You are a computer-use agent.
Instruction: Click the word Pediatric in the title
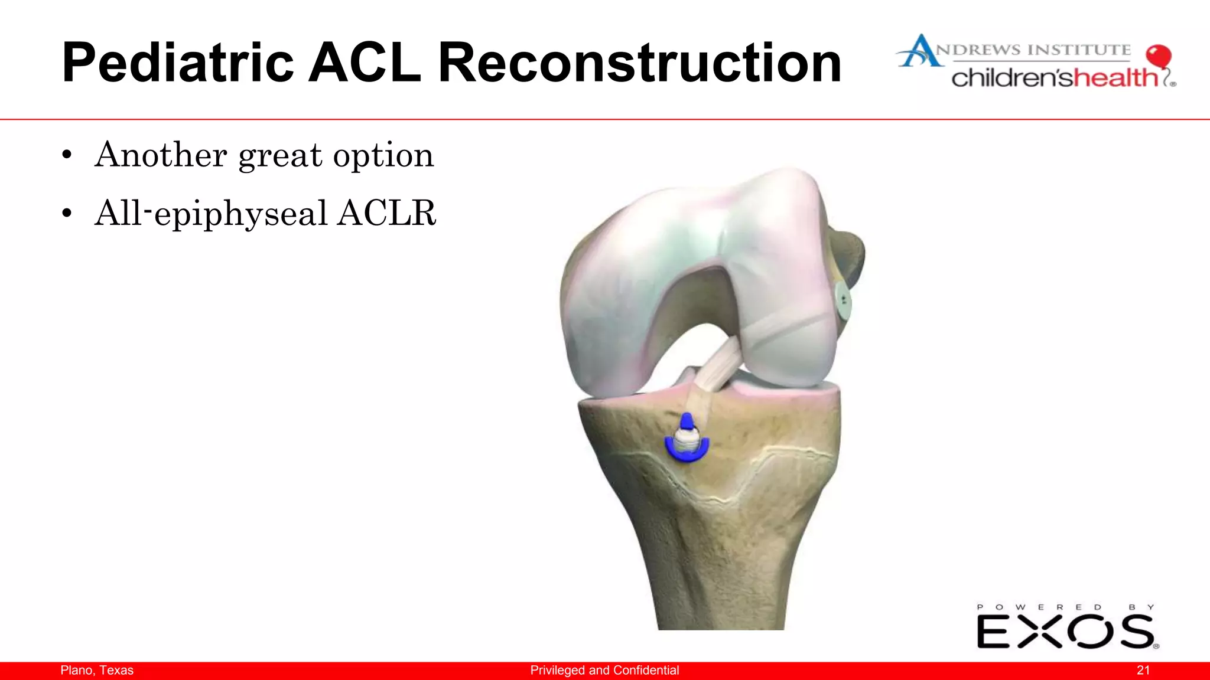click(177, 63)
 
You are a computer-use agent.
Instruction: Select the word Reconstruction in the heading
click(639, 63)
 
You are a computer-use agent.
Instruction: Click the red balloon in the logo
click(1158, 57)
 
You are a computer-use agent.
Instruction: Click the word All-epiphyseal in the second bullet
click(210, 214)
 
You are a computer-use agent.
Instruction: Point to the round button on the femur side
click(843, 302)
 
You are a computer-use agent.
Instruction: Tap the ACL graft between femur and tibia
click(717, 366)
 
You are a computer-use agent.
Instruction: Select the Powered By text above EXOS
click(1065, 607)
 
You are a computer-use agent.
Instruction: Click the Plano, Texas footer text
click(97, 670)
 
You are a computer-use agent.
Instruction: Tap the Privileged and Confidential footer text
click(604, 670)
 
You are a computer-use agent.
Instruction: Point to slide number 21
click(1143, 670)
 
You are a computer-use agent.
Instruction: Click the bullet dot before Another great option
click(67, 156)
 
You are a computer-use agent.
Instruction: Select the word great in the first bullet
click(280, 156)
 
